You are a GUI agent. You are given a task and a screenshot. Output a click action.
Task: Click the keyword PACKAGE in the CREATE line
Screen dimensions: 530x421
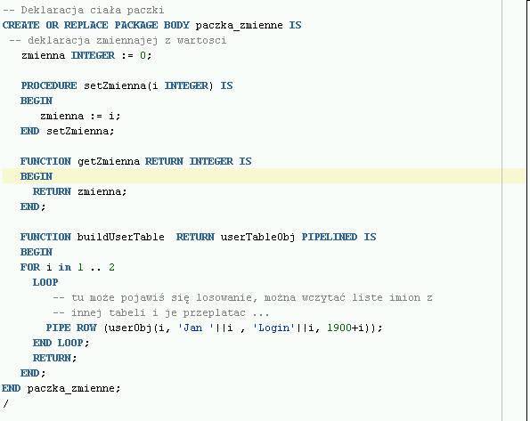pyautogui.click(x=136, y=25)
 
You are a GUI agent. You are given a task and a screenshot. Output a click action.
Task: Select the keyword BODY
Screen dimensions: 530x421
pyautogui.click(x=176, y=25)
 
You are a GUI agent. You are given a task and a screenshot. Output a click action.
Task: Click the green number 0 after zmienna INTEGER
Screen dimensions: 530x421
pyautogui.click(x=143, y=55)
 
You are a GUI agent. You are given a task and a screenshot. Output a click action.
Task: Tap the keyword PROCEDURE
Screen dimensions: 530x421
pyautogui.click(x=49, y=85)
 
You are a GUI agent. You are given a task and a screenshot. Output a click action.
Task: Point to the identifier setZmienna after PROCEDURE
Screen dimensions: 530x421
pyautogui.click(x=115, y=85)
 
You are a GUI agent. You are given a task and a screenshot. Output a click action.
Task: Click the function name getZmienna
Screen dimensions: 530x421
pyautogui.click(x=109, y=161)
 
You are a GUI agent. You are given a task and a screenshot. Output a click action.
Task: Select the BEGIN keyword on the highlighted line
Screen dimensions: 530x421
pyautogui.click(x=37, y=176)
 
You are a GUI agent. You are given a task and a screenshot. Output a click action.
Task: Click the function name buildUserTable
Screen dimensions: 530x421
pyautogui.click(x=120, y=237)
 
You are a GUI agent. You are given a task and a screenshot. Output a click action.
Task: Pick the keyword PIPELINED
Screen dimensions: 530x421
pyautogui.click(x=330, y=237)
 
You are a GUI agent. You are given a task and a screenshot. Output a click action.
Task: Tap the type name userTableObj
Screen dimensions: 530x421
pyautogui.click(x=257, y=237)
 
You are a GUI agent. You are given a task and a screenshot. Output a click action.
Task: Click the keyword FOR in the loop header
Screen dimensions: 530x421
pyautogui.click(x=30, y=267)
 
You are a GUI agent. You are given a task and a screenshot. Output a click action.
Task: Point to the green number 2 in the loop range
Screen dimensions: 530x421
pyautogui.click(x=111, y=267)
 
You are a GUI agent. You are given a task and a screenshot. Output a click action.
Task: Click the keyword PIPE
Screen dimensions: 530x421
pyautogui.click(x=58, y=328)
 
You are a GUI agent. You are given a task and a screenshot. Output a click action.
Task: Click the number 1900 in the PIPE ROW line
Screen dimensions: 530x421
pyautogui.click(x=339, y=328)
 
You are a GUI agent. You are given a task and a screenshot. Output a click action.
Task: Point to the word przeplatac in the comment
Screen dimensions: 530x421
pyautogui.click(x=215, y=313)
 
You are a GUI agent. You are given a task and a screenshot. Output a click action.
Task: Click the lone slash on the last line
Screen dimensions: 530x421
pyautogui.click(x=5, y=403)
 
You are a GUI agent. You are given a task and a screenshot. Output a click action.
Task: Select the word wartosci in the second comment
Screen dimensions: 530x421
pyautogui.click(x=201, y=40)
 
